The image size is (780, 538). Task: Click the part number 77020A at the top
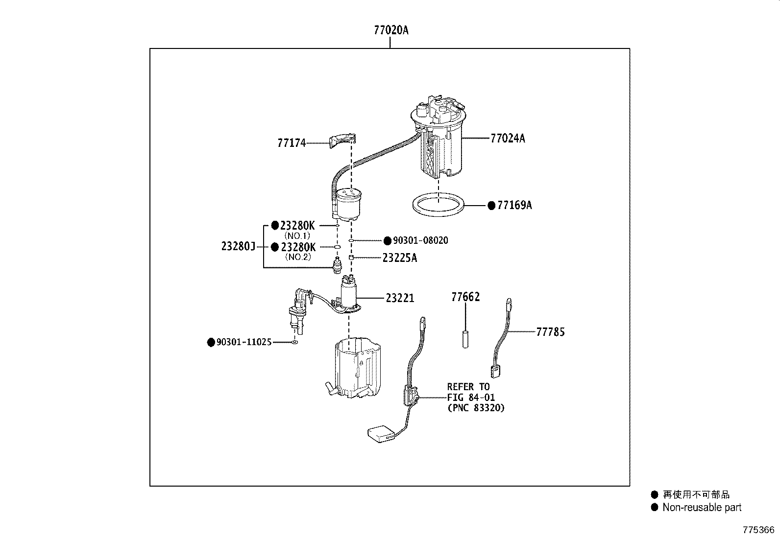(390, 30)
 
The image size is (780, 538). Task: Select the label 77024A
(507, 139)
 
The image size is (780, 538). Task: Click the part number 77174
(292, 143)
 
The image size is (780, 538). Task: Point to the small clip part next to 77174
(341, 140)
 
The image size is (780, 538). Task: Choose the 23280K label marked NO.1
(297, 226)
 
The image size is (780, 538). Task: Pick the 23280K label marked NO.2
(298, 247)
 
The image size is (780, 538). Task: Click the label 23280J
(238, 247)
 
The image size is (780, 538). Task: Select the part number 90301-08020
(420, 241)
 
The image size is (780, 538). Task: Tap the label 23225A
(399, 258)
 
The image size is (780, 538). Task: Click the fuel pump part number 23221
(400, 298)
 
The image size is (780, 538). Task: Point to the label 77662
(465, 297)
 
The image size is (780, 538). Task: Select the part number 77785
(550, 332)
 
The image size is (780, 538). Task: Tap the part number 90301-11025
(244, 342)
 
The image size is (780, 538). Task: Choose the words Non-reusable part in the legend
(702, 508)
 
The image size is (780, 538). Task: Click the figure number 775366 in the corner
(758, 530)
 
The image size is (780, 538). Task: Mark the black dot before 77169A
(491, 206)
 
